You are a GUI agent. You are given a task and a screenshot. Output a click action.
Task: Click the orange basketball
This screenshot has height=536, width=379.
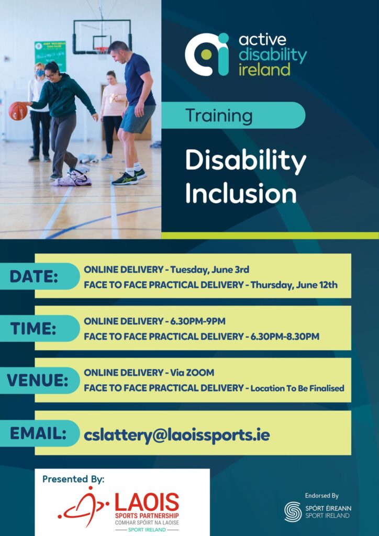(17, 111)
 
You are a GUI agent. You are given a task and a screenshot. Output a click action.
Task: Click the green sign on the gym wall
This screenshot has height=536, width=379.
(50, 55)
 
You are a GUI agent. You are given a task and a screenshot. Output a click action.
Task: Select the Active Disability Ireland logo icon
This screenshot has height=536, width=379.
(207, 54)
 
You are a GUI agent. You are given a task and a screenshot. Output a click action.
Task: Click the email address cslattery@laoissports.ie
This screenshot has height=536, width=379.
(176, 434)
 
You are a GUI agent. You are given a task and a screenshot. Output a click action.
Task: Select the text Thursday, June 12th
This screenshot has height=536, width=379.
(294, 285)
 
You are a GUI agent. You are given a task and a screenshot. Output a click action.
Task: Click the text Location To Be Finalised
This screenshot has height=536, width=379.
(297, 388)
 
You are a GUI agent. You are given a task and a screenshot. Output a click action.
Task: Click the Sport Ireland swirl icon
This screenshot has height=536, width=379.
(293, 511)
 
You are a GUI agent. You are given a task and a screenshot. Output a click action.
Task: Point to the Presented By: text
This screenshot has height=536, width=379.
(73, 479)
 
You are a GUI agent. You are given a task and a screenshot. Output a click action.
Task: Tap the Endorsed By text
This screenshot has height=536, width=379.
(321, 495)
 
